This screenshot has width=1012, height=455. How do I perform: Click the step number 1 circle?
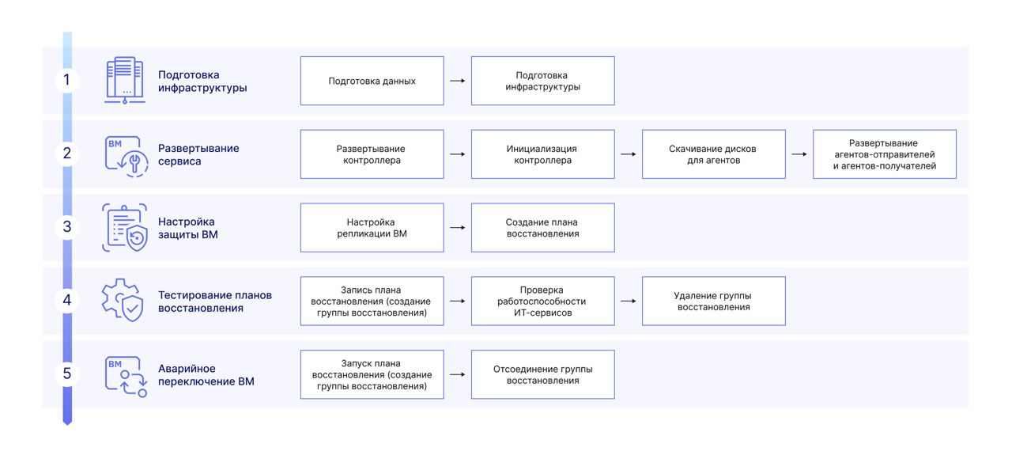pyautogui.click(x=67, y=80)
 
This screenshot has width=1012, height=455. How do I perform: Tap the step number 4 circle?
pyautogui.click(x=67, y=301)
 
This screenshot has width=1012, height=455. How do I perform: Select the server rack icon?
pyautogui.click(x=125, y=80)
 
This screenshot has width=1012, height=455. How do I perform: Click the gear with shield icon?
pyautogui.click(x=123, y=301)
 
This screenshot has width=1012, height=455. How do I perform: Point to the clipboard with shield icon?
pyautogui.click(x=125, y=227)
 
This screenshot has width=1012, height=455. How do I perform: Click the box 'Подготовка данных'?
pyautogui.click(x=372, y=81)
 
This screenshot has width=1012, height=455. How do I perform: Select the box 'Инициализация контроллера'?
pyautogui.click(x=542, y=154)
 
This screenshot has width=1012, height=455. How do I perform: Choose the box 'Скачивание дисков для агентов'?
pyautogui.click(x=713, y=154)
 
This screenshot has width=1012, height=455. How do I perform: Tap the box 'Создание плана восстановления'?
pyautogui.click(x=542, y=228)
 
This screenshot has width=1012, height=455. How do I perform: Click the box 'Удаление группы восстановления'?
pyautogui.click(x=713, y=301)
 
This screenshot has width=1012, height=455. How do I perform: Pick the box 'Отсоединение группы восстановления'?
pyautogui.click(x=542, y=374)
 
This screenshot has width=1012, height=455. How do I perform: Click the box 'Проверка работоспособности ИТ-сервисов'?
pyautogui.click(x=542, y=301)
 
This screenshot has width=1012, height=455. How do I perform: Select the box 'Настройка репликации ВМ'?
pyautogui.click(x=372, y=228)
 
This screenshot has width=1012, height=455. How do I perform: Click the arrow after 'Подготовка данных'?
pyautogui.click(x=457, y=81)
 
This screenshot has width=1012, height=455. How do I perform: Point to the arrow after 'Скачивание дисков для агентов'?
pyautogui.click(x=799, y=154)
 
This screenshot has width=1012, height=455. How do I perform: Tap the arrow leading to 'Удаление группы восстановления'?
pyautogui.click(x=628, y=301)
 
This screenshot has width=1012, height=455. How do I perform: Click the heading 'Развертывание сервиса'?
pyautogui.click(x=198, y=154)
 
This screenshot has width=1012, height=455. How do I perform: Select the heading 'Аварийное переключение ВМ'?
pyautogui.click(x=206, y=375)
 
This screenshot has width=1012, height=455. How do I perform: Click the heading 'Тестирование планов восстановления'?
pyautogui.click(x=214, y=301)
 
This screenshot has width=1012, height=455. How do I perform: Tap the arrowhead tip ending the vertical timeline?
pyautogui.click(x=67, y=425)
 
